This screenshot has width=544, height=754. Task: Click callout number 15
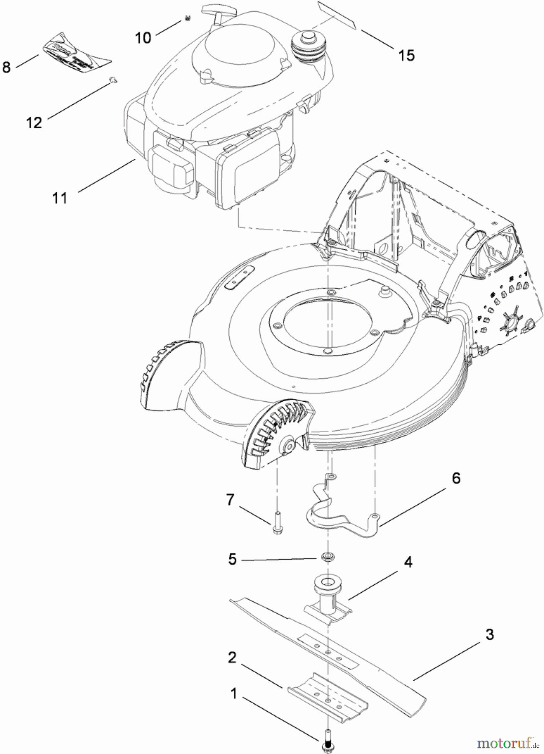[x=406, y=55]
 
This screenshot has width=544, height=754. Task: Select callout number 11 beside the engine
[x=60, y=198]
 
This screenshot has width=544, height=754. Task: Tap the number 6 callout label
[x=456, y=478]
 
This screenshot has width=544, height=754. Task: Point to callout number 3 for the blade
[x=490, y=634]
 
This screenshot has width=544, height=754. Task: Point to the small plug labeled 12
[x=112, y=79]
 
